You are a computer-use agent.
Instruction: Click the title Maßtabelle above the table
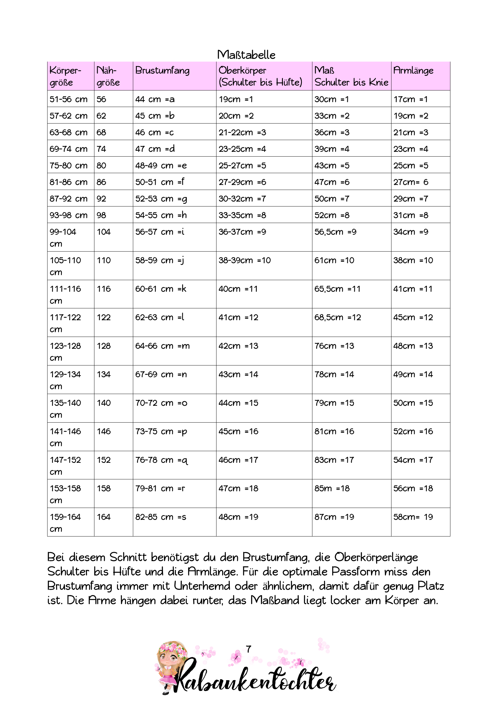click(x=246, y=55)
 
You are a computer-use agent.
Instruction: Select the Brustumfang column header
click(x=162, y=70)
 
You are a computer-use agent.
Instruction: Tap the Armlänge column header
click(x=413, y=70)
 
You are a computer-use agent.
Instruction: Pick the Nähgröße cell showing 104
click(x=103, y=232)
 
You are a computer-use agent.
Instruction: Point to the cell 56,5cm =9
click(x=335, y=232)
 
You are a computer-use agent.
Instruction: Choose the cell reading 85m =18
click(x=332, y=488)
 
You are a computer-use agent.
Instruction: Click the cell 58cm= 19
click(x=413, y=517)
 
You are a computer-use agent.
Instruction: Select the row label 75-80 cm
click(x=69, y=165)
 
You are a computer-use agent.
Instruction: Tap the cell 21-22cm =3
click(x=242, y=132)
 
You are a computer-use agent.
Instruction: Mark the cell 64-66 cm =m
click(x=162, y=346)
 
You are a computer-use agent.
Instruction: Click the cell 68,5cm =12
click(x=338, y=317)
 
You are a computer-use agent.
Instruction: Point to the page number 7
click(x=248, y=649)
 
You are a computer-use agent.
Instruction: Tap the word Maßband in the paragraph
click(x=275, y=601)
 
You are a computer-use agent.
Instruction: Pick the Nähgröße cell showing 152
click(x=103, y=460)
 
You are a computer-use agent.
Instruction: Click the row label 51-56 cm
click(x=69, y=99)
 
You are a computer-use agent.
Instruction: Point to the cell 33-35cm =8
click(x=242, y=215)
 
